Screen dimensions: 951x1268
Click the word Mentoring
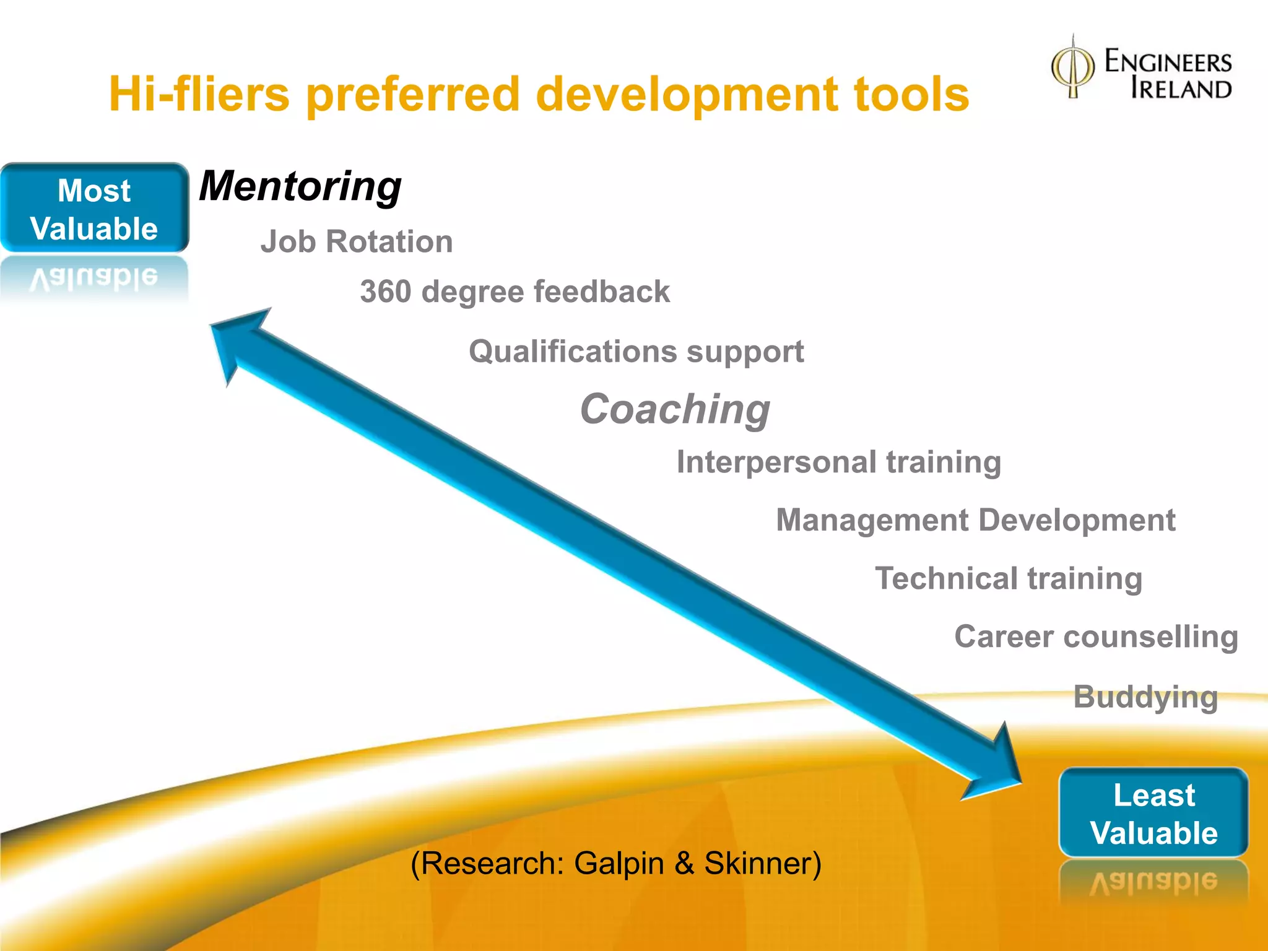pyautogui.click(x=300, y=186)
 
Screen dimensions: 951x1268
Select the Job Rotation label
pyautogui.click(x=356, y=241)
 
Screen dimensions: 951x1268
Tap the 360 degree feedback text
pyautogui.click(x=515, y=292)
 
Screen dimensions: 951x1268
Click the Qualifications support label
pyautogui.click(x=636, y=352)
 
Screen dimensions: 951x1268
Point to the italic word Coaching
pyautogui.click(x=675, y=409)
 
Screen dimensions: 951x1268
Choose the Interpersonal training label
pyautogui.click(x=838, y=462)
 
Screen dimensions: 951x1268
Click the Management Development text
pyautogui.click(x=975, y=520)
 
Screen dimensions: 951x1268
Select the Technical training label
pyautogui.click(x=1009, y=578)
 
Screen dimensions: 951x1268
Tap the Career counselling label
pyautogui.click(x=1096, y=636)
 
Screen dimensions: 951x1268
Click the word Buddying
pyautogui.click(x=1145, y=697)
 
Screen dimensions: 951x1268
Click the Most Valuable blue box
pyautogui.click(x=94, y=209)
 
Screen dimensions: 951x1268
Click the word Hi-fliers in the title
pyautogui.click(x=199, y=94)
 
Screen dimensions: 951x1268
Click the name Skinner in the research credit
pyautogui.click(x=762, y=863)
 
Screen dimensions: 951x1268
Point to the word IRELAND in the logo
pyautogui.click(x=1181, y=89)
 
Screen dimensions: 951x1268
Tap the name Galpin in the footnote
pyautogui.click(x=619, y=863)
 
